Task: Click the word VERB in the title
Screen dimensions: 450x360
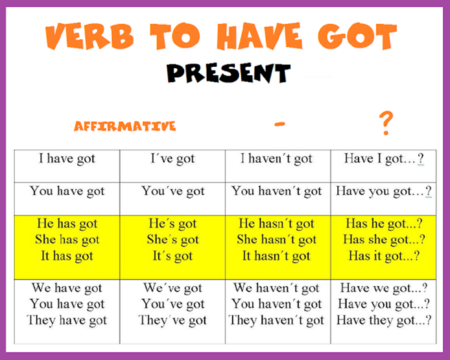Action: pos(89,36)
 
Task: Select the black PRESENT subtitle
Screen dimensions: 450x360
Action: pos(228,73)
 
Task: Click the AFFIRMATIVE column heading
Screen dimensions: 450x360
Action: pos(125,126)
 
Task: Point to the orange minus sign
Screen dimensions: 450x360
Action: pos(279,124)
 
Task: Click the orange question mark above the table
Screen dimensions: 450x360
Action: pos(386,123)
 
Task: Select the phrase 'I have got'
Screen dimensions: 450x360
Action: pos(67,159)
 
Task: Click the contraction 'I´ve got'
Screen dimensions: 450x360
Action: pos(172,159)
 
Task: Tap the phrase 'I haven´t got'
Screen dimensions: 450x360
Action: pos(276,159)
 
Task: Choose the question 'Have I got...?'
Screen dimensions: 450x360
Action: pos(384,159)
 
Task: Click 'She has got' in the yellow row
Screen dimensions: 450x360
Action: pos(67,240)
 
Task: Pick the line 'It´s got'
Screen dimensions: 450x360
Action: pos(172,256)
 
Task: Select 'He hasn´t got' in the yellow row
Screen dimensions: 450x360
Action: pos(277,224)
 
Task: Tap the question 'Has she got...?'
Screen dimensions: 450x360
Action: pos(384,240)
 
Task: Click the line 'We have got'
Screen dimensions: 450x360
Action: pos(67,288)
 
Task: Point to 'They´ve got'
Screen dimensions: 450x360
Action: pos(172,320)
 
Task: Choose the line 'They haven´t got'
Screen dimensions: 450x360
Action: pos(276,320)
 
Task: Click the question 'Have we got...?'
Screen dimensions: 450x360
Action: pos(384,288)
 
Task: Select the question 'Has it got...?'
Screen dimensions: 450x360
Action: pos(384,256)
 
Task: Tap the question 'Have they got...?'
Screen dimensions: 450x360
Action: pos(384,320)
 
